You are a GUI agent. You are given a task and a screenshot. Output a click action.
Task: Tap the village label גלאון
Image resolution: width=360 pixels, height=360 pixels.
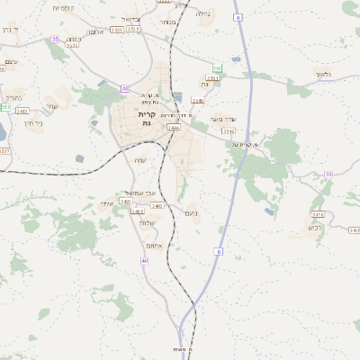(x=324, y=73)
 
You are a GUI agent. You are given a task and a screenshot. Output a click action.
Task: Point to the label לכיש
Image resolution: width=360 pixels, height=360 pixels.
(x=314, y=227)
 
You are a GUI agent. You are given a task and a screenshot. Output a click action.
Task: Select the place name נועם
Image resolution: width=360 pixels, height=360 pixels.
(x=191, y=213)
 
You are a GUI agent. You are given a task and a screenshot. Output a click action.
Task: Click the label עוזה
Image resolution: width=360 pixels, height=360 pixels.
(x=139, y=160)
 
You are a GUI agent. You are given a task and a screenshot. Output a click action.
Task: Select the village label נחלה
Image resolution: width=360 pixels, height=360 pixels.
(x=202, y=13)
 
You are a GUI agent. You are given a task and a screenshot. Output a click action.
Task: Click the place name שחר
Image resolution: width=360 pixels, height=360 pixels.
(x=50, y=106)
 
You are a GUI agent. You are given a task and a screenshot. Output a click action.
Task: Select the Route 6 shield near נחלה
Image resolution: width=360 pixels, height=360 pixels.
(x=238, y=17)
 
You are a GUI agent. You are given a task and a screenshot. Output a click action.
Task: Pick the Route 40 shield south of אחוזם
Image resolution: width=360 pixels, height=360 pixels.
(x=144, y=261)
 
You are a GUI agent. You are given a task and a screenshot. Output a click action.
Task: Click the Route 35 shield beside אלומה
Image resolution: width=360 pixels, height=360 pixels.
(x=55, y=39)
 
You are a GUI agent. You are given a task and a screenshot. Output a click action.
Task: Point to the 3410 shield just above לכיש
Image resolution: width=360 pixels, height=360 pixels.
(x=317, y=215)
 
